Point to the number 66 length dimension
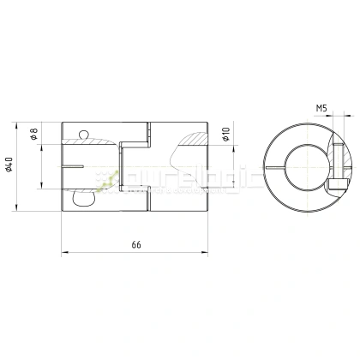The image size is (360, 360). pyautogui.click(x=135, y=245)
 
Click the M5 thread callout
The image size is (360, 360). pyautogui.click(x=321, y=109)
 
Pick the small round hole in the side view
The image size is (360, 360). pyautogui.click(x=81, y=132)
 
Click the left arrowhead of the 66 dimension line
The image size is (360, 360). pyautogui.click(x=65, y=252)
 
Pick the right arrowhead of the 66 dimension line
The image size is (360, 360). pyautogui.click(x=205, y=252)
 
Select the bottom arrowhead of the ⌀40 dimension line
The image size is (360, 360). pyautogui.click(x=18, y=207)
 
